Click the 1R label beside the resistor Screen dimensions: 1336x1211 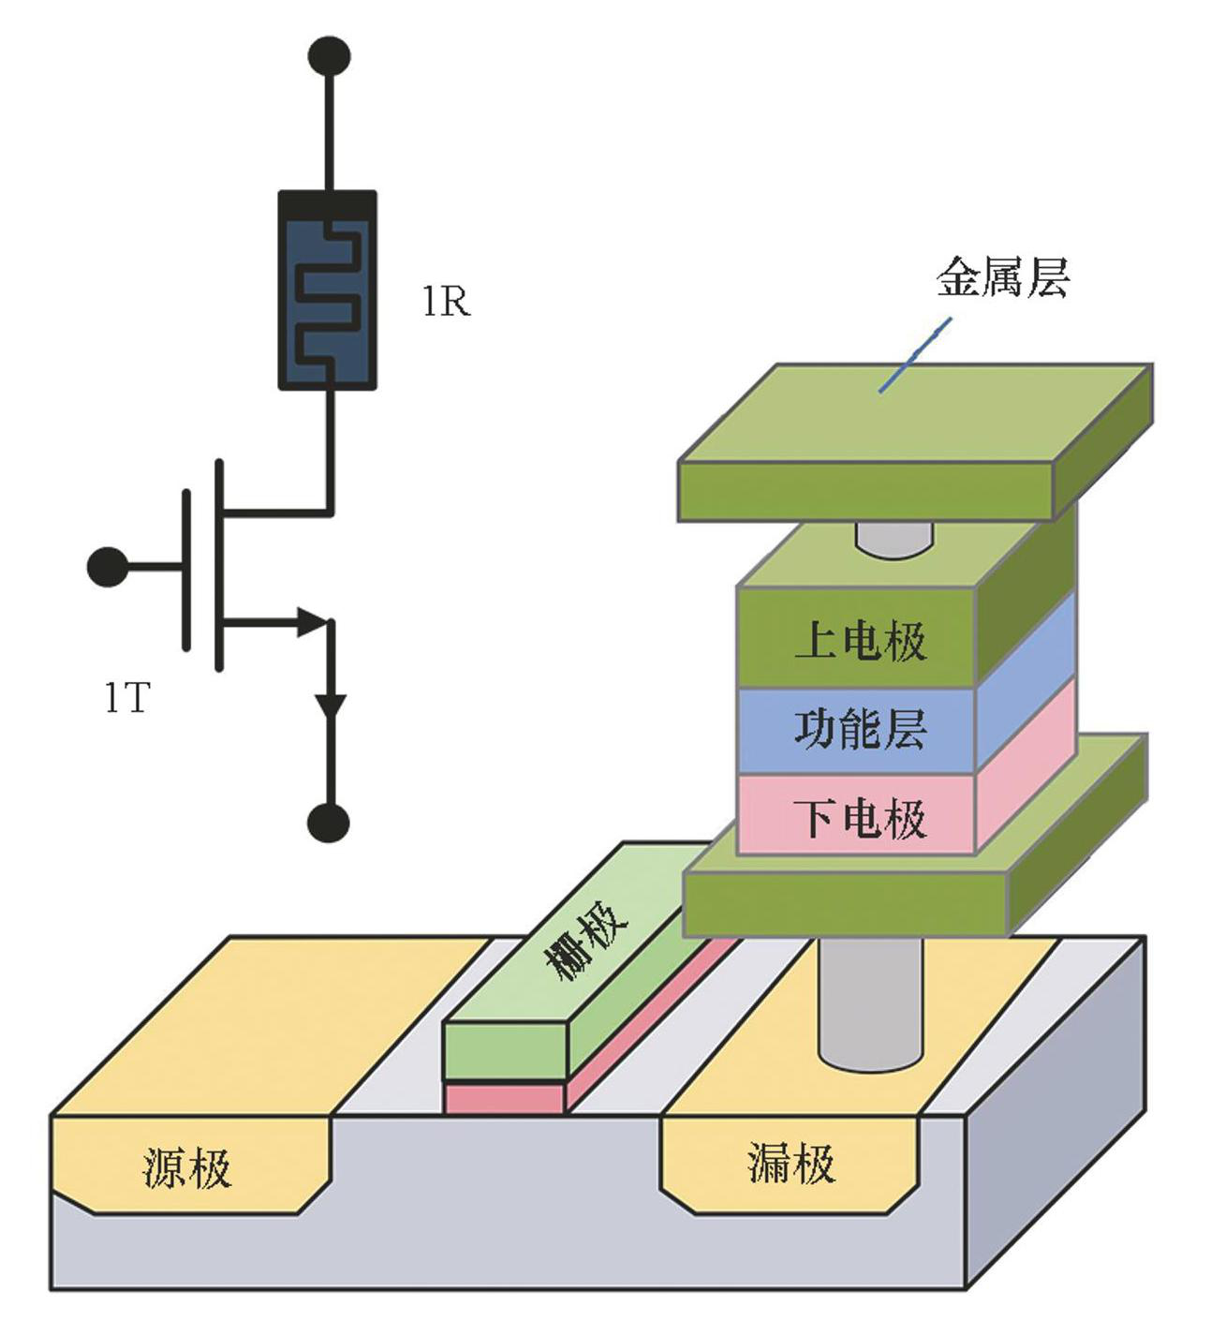pyautogui.click(x=446, y=302)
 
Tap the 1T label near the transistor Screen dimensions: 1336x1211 pyautogui.click(x=126, y=698)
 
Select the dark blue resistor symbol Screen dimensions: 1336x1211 pyautogui.click(x=328, y=290)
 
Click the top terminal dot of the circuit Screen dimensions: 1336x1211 pyautogui.click(x=329, y=56)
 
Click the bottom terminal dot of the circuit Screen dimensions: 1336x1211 pyautogui.click(x=329, y=823)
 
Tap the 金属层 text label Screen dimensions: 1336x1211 pyautogui.click(x=1002, y=278)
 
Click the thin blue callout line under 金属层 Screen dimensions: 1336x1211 pyautogui.click(x=915, y=355)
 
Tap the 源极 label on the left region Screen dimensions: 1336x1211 pyautogui.click(x=187, y=1167)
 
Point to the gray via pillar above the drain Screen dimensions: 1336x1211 pyautogui.click(x=870, y=1002)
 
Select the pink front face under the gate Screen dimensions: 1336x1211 pyautogui.click(x=505, y=1098)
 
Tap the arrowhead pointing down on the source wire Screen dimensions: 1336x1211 pyautogui.click(x=330, y=705)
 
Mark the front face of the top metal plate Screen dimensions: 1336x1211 pyautogui.click(x=866, y=491)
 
